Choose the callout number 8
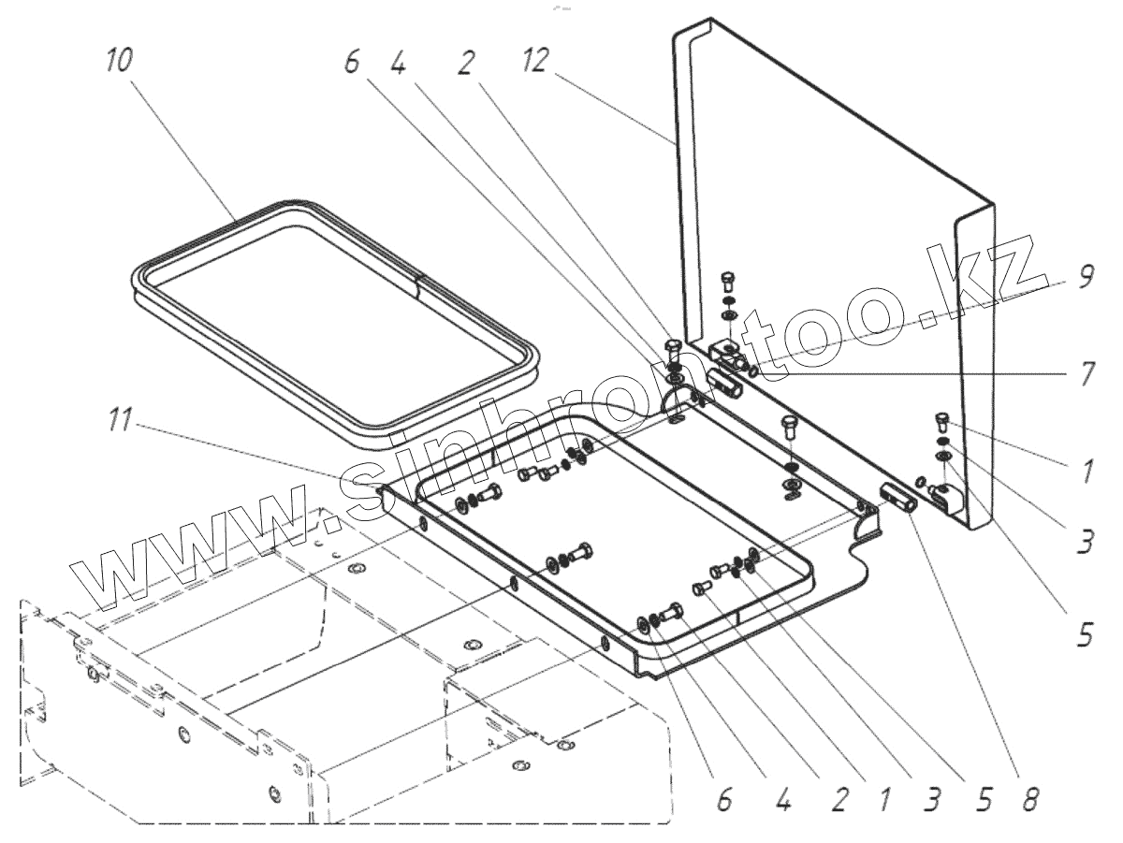click(1030, 798)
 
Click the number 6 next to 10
click(351, 63)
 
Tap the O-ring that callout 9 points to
click(754, 370)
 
